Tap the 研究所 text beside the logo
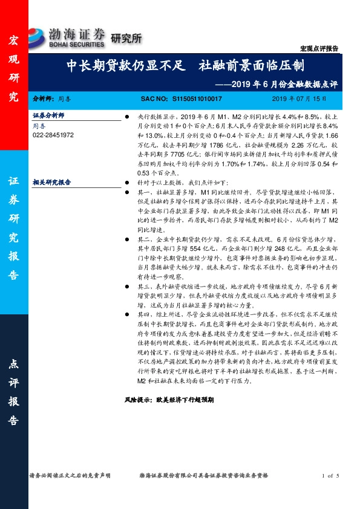point(126,38)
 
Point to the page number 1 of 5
point(332,476)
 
